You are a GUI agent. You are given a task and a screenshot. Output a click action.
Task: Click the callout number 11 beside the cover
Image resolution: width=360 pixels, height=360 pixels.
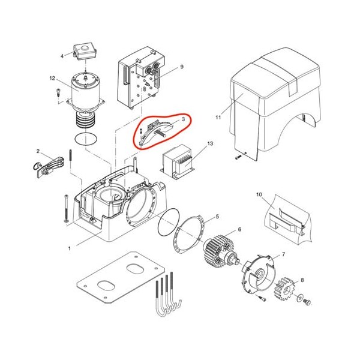pyautogui.click(x=218, y=118)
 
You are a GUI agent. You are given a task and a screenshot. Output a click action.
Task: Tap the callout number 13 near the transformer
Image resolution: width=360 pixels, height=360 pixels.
pyautogui.click(x=210, y=143)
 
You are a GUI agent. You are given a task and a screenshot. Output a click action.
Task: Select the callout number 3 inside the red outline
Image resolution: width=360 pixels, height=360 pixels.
pyautogui.click(x=183, y=119)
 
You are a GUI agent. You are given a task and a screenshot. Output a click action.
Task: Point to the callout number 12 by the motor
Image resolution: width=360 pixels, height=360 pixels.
pyautogui.click(x=52, y=78)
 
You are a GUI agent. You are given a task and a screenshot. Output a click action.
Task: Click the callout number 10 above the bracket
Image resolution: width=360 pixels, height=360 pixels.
pyautogui.click(x=259, y=194)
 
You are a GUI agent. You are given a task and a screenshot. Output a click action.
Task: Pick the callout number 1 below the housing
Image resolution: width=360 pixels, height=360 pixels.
pyautogui.click(x=70, y=248)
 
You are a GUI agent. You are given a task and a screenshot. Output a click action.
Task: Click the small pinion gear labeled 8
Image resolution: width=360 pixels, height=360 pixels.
pyautogui.click(x=284, y=289)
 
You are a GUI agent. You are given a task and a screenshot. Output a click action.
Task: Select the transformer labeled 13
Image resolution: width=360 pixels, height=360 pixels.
pyautogui.click(x=177, y=161)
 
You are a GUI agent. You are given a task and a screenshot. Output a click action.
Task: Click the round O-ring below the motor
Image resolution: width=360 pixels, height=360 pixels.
pyautogui.click(x=86, y=139)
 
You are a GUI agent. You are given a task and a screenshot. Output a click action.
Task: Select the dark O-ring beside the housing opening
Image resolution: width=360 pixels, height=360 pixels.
pyautogui.click(x=169, y=221)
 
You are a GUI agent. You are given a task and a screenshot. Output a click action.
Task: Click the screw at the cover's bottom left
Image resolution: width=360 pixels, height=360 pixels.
pyautogui.click(x=238, y=157)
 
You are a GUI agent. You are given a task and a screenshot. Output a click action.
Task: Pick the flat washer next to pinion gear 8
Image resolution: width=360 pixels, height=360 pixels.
pyautogui.click(x=300, y=298)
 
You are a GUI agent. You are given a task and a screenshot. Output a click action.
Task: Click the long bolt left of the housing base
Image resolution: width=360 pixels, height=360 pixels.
pyautogui.click(x=67, y=208)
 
